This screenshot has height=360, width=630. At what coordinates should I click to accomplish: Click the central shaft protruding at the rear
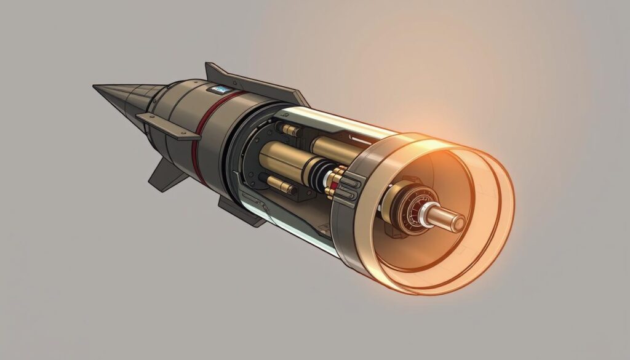pos(450,217)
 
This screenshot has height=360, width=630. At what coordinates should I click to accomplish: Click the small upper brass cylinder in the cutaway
pos(289,130)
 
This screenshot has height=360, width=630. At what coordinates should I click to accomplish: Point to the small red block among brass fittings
pos(335,181)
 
